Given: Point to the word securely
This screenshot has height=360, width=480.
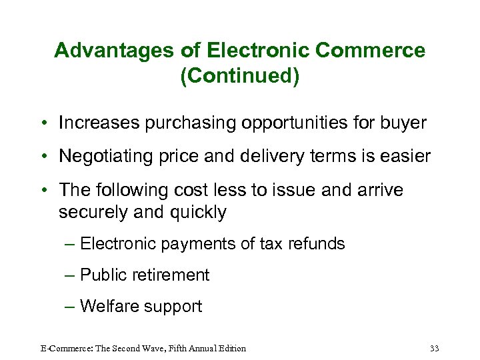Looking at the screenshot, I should pos(91,213).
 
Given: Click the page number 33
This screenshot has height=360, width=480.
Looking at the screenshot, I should pos(435,348).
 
